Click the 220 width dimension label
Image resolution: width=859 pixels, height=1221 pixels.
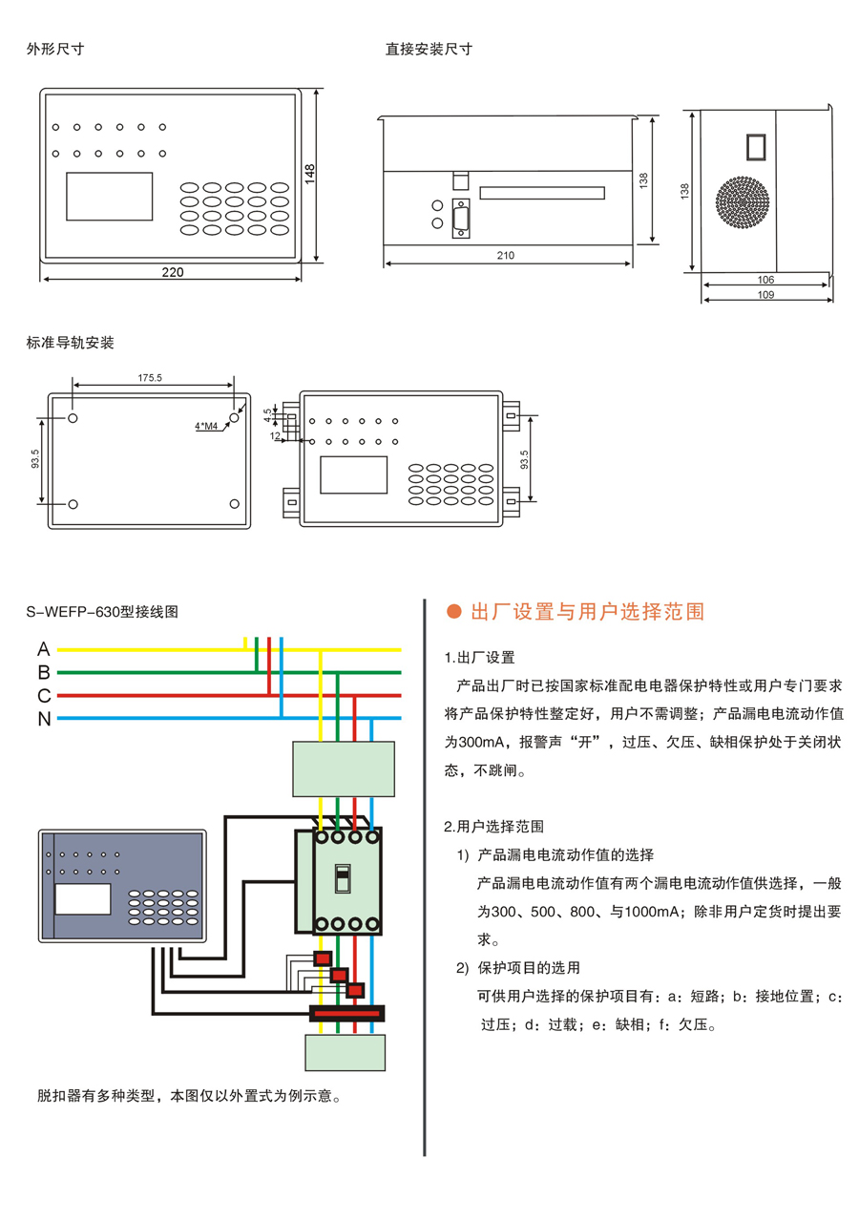172,272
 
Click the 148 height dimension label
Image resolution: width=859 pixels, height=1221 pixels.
310,173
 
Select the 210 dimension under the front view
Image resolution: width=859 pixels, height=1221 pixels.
506,255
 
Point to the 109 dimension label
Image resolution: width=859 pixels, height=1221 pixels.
765,295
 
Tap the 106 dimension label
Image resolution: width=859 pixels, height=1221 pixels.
765,280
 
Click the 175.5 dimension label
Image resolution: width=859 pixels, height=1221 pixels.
150,378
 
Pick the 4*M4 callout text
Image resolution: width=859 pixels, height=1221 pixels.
205,426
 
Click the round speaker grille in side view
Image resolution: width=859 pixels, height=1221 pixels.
743,201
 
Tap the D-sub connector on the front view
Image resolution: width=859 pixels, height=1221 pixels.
462,219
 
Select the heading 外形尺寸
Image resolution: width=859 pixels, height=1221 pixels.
55,49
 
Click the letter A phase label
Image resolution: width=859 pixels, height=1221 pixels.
44,649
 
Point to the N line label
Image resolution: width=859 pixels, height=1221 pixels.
44,719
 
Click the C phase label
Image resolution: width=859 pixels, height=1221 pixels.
44,696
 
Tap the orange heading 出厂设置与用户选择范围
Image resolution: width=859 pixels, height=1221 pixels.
588,612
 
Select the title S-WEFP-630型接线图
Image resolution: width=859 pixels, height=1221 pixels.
102,612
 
